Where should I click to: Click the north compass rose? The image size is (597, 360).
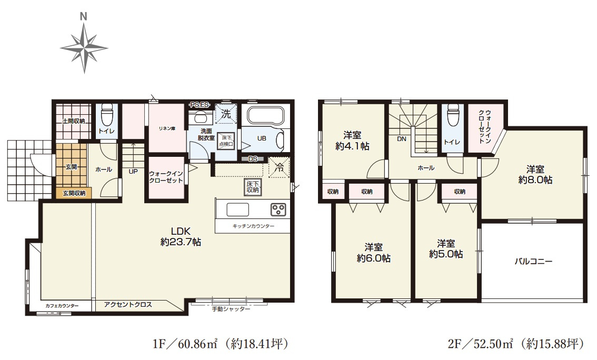(x=84, y=48)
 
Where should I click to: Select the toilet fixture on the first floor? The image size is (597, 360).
(x=106, y=114)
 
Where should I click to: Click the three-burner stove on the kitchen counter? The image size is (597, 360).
(x=278, y=209)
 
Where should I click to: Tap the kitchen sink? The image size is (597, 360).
(x=237, y=209)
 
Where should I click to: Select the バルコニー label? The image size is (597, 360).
(x=533, y=262)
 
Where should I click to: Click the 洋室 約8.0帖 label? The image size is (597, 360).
(x=535, y=174)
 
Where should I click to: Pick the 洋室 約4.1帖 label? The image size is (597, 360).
(x=352, y=141)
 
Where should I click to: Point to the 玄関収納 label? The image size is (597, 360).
(x=74, y=193)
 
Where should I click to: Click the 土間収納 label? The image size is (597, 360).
(x=74, y=121)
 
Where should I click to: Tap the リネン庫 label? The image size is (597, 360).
(x=167, y=128)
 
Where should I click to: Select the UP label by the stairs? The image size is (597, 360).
(x=133, y=172)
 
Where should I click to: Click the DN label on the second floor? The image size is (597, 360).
(x=402, y=139)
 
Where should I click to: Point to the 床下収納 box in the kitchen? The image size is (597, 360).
(x=253, y=187)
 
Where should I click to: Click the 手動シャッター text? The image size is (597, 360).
(x=231, y=309)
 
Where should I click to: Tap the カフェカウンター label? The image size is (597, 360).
(x=62, y=306)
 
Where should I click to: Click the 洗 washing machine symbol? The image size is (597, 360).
(x=226, y=114)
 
